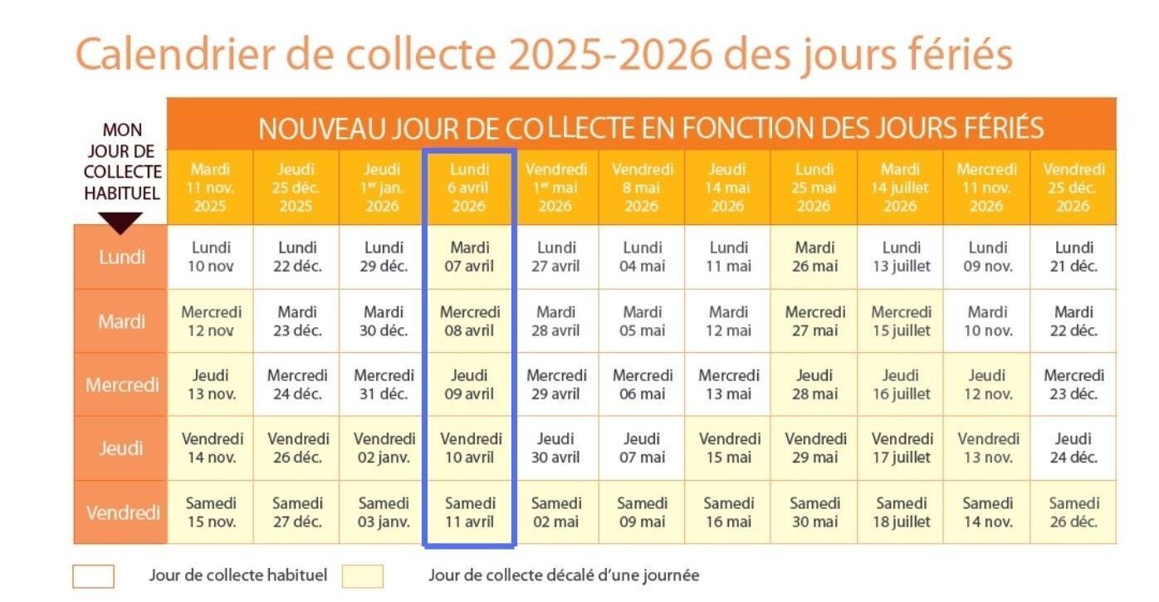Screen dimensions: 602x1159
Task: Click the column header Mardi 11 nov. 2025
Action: pyautogui.click(x=210, y=188)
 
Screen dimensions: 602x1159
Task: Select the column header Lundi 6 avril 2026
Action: pyautogui.click(x=470, y=188)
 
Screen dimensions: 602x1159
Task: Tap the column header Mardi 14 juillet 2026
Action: pyautogui.click(x=900, y=188)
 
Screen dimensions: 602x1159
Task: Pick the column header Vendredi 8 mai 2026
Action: pyautogui.click(x=642, y=188)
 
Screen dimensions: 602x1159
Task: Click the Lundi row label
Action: pyautogui.click(x=121, y=257)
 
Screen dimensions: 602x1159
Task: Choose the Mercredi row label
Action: pyautogui.click(x=121, y=384)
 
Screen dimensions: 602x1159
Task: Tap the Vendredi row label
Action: pyautogui.click(x=121, y=512)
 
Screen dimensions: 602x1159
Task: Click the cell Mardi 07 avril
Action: pyautogui.click(x=470, y=257)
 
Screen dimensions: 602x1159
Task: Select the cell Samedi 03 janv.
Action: pyautogui.click(x=384, y=512)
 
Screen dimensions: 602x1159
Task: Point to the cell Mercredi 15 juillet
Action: pyautogui.click(x=901, y=321)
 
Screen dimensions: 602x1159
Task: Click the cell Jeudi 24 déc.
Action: pyautogui.click(x=1073, y=448)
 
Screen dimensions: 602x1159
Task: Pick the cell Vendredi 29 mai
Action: pyautogui.click(x=814, y=448)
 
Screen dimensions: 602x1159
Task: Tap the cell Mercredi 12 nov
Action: pyautogui.click(x=211, y=321)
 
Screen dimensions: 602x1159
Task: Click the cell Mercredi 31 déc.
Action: pyautogui.click(x=384, y=384)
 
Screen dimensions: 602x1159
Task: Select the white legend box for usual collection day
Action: pyautogui.click(x=93, y=576)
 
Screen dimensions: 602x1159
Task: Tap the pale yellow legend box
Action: pyautogui.click(x=362, y=576)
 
